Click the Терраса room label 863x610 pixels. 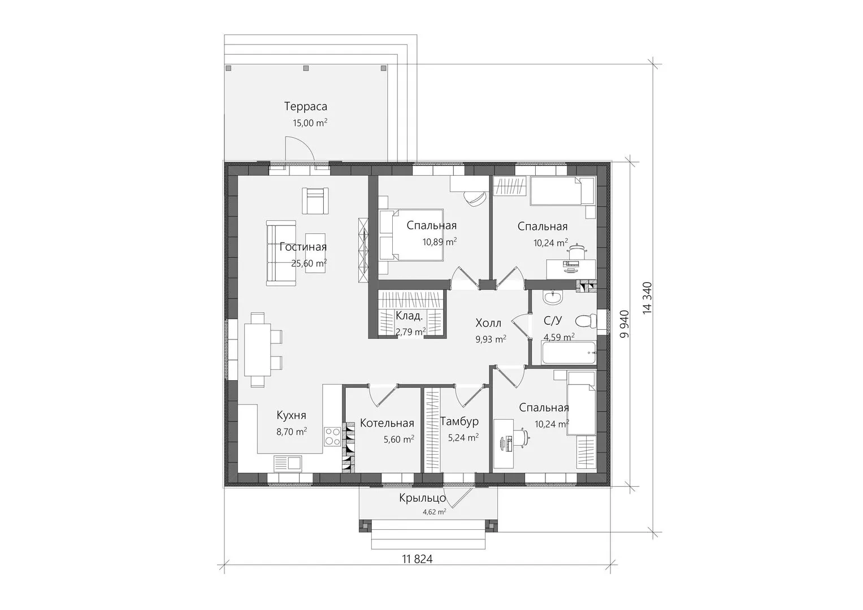[x=306, y=106]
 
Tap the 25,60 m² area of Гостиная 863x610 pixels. [x=309, y=263]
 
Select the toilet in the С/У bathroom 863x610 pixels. [x=586, y=321]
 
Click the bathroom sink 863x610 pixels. [x=553, y=297]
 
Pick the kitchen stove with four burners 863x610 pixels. [x=333, y=437]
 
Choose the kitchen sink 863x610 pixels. [x=288, y=464]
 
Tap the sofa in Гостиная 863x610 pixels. [x=281, y=253]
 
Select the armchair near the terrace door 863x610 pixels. [x=315, y=201]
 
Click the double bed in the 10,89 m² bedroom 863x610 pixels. [x=411, y=235]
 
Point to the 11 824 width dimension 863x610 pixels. [x=417, y=559]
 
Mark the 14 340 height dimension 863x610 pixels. [x=647, y=298]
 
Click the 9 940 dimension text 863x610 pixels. [x=624, y=324]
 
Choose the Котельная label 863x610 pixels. [x=387, y=423]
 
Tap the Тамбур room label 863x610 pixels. [x=459, y=422]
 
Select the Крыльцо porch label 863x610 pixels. [x=422, y=498]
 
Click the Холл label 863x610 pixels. [x=488, y=323]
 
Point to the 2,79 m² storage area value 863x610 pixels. [x=411, y=331]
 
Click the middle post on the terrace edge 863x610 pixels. [x=306, y=68]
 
